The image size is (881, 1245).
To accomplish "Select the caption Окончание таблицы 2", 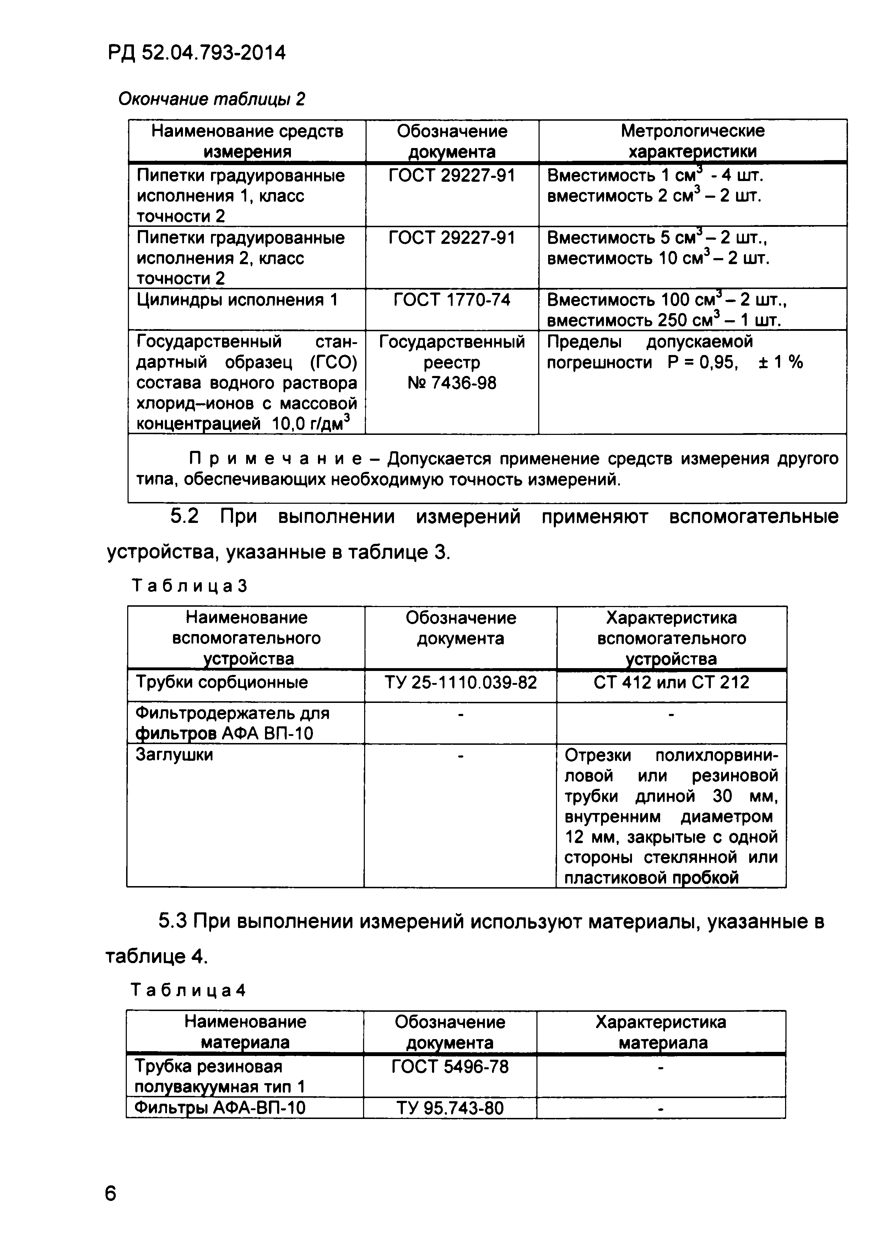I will pos(212,99).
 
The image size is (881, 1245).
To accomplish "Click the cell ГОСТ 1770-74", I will pos(452,300).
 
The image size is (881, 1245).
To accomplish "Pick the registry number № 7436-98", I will pos(452,383).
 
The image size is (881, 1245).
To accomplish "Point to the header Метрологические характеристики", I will pos(692,141).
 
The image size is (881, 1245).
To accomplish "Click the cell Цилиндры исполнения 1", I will pos(237,300).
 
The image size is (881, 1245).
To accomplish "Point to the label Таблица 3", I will pos(189,586).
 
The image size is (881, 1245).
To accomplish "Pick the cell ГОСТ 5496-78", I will pos(450,1066).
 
